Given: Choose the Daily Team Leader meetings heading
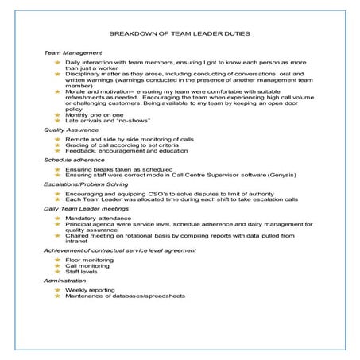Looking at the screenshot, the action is point(84,208).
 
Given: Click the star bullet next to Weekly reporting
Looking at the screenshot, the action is point(56,290).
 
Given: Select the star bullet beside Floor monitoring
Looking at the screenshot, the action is point(56,260).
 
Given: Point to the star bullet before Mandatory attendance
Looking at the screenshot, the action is point(56,217).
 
